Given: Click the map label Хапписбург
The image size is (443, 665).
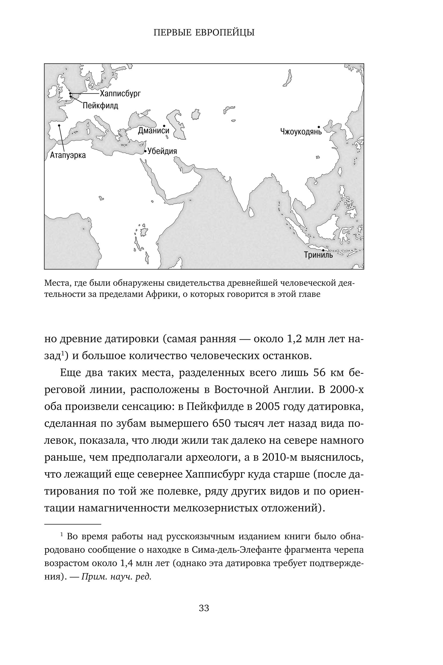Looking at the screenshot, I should click(120, 94).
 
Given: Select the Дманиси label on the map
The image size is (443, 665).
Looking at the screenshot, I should click(153, 131).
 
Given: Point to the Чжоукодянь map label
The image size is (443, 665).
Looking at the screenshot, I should click(301, 132).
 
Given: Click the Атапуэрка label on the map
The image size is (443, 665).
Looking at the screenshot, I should click(68, 155).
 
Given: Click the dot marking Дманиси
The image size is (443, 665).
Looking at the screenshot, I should click(164, 126).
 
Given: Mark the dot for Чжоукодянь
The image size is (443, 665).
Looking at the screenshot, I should click(319, 127).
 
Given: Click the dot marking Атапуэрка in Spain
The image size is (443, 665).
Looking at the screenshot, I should click(59, 125).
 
